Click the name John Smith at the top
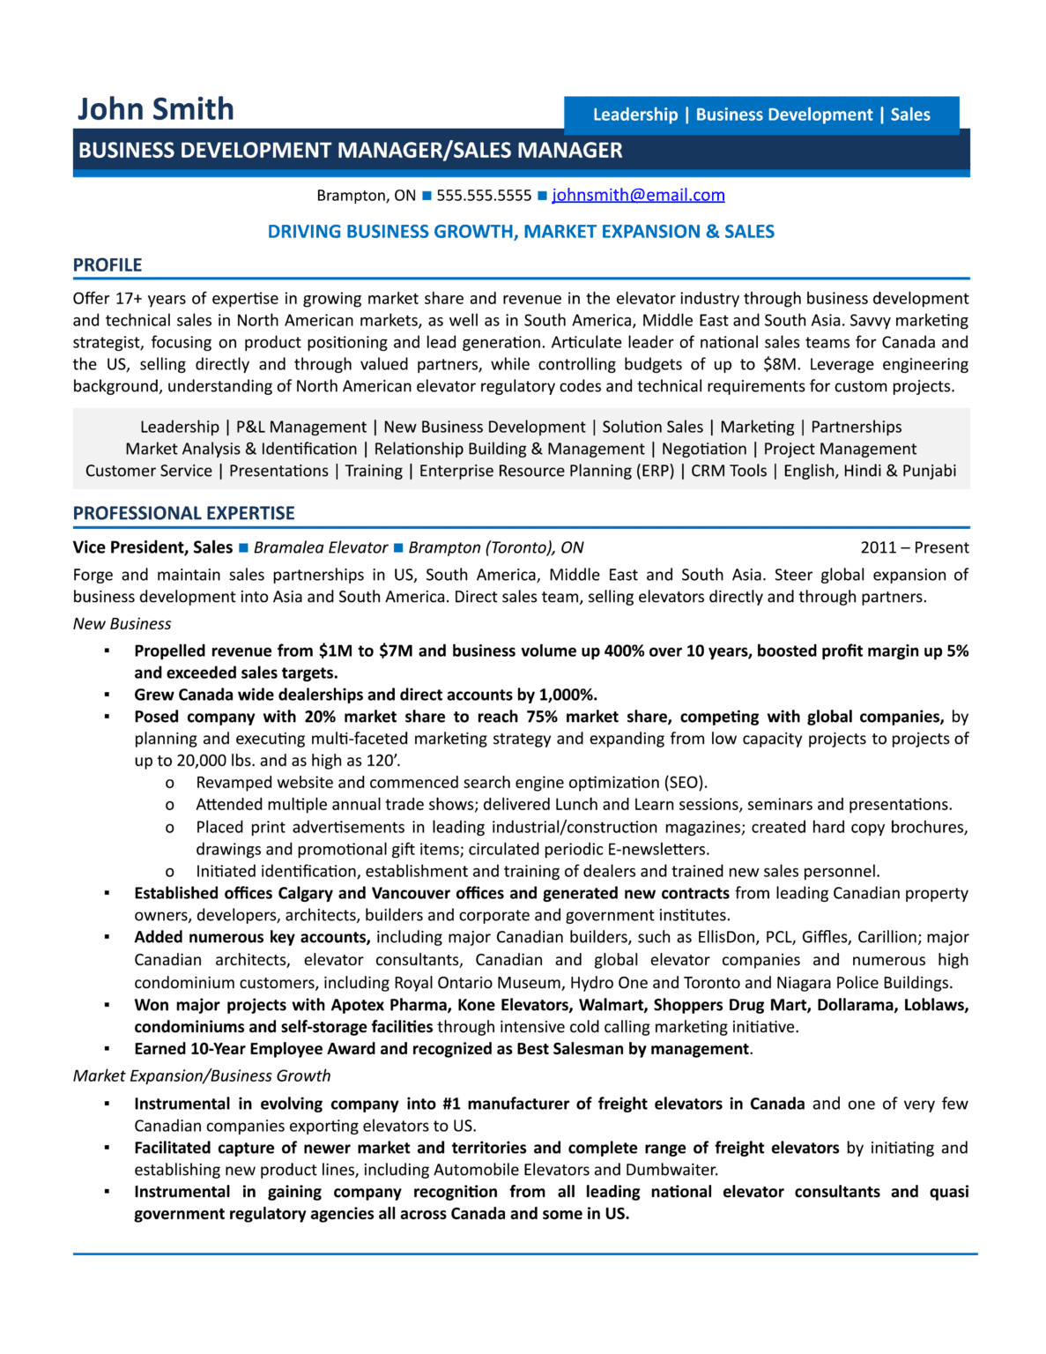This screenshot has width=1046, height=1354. pyautogui.click(x=155, y=109)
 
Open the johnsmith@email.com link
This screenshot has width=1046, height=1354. pyautogui.click(x=638, y=195)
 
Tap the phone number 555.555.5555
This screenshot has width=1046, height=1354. pyautogui.click(x=484, y=196)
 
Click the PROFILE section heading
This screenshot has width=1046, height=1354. pyautogui.click(x=108, y=265)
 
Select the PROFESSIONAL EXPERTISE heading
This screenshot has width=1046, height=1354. pyautogui.click(x=183, y=513)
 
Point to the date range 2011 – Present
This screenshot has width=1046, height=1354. pyautogui.click(x=914, y=547)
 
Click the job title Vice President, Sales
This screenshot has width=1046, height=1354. pyautogui.click(x=152, y=547)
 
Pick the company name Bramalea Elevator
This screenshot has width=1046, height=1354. pyautogui.click(x=321, y=547)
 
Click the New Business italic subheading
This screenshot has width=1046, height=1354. pyautogui.click(x=122, y=624)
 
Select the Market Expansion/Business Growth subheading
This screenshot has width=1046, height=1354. pyautogui.click(x=202, y=1075)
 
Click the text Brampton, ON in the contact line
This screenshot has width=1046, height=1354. pyautogui.click(x=366, y=196)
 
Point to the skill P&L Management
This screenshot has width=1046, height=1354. pyautogui.click(x=301, y=428)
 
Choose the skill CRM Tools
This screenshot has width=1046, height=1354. pyautogui.click(x=729, y=471)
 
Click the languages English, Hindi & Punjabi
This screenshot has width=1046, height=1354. pyautogui.click(x=870, y=471)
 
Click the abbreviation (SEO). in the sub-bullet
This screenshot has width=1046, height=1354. pyautogui.click(x=686, y=783)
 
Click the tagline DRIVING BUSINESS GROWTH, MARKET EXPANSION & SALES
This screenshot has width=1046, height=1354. pyautogui.click(x=521, y=232)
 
